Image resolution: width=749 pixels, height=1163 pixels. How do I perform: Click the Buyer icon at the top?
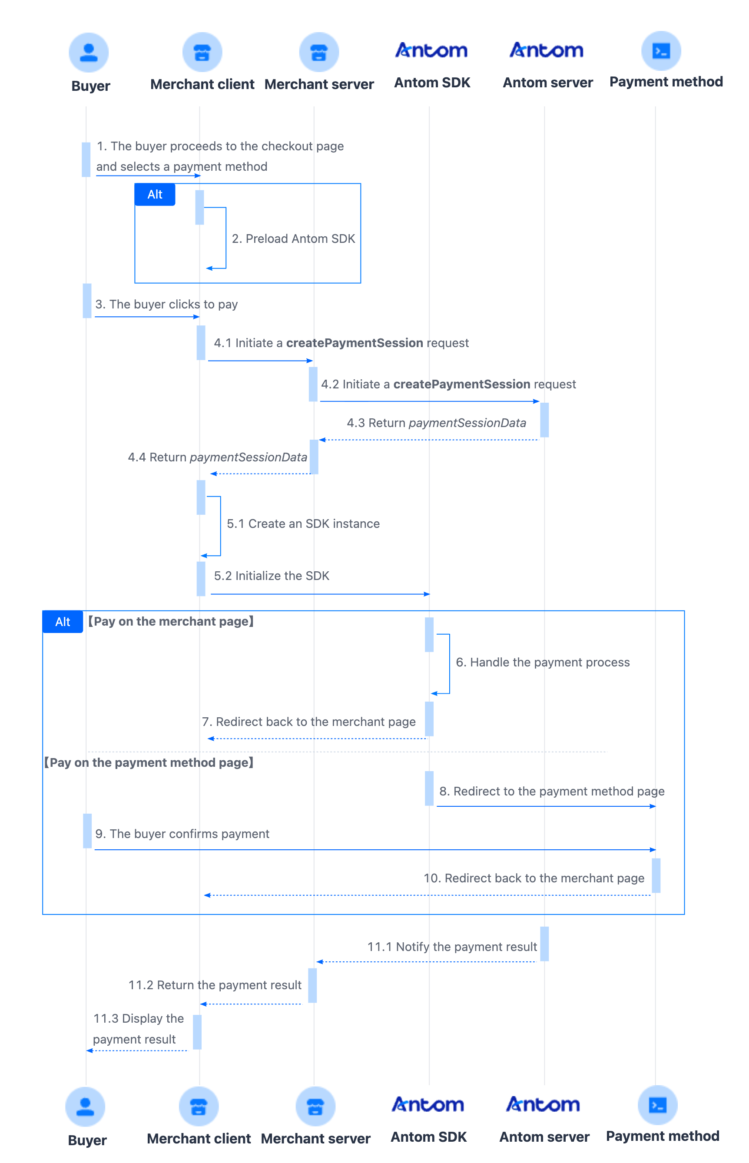(x=89, y=53)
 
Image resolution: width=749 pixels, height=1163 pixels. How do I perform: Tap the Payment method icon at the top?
(x=661, y=51)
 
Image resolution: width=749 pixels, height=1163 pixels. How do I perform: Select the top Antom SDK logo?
(x=431, y=50)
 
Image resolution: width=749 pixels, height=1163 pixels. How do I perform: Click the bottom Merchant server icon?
(x=316, y=1106)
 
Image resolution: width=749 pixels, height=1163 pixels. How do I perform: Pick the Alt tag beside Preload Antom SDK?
(x=155, y=195)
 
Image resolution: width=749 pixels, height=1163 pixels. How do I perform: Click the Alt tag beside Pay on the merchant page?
(x=63, y=622)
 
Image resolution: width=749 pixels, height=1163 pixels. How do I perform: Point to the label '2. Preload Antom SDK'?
(x=293, y=239)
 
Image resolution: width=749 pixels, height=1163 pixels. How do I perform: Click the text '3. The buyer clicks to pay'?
(x=166, y=305)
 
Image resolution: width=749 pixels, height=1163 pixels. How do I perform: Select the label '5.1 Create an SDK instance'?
(x=303, y=524)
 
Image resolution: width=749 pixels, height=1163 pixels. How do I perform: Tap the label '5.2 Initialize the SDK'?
(x=272, y=576)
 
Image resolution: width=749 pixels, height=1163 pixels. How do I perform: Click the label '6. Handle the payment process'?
(x=543, y=662)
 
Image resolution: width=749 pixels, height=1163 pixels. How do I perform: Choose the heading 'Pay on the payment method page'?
(x=149, y=762)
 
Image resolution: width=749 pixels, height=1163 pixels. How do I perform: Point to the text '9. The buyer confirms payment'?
(x=182, y=834)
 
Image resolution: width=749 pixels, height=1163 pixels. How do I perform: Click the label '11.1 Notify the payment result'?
(x=452, y=947)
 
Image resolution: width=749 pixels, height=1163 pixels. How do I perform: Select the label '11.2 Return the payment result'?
(x=215, y=985)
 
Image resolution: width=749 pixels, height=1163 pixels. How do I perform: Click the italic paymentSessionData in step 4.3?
(x=467, y=423)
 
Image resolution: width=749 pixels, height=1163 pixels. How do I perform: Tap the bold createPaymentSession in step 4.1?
(x=355, y=343)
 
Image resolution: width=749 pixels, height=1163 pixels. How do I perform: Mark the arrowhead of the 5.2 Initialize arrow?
(x=427, y=594)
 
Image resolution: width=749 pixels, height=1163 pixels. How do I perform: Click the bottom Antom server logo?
(x=543, y=1105)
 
